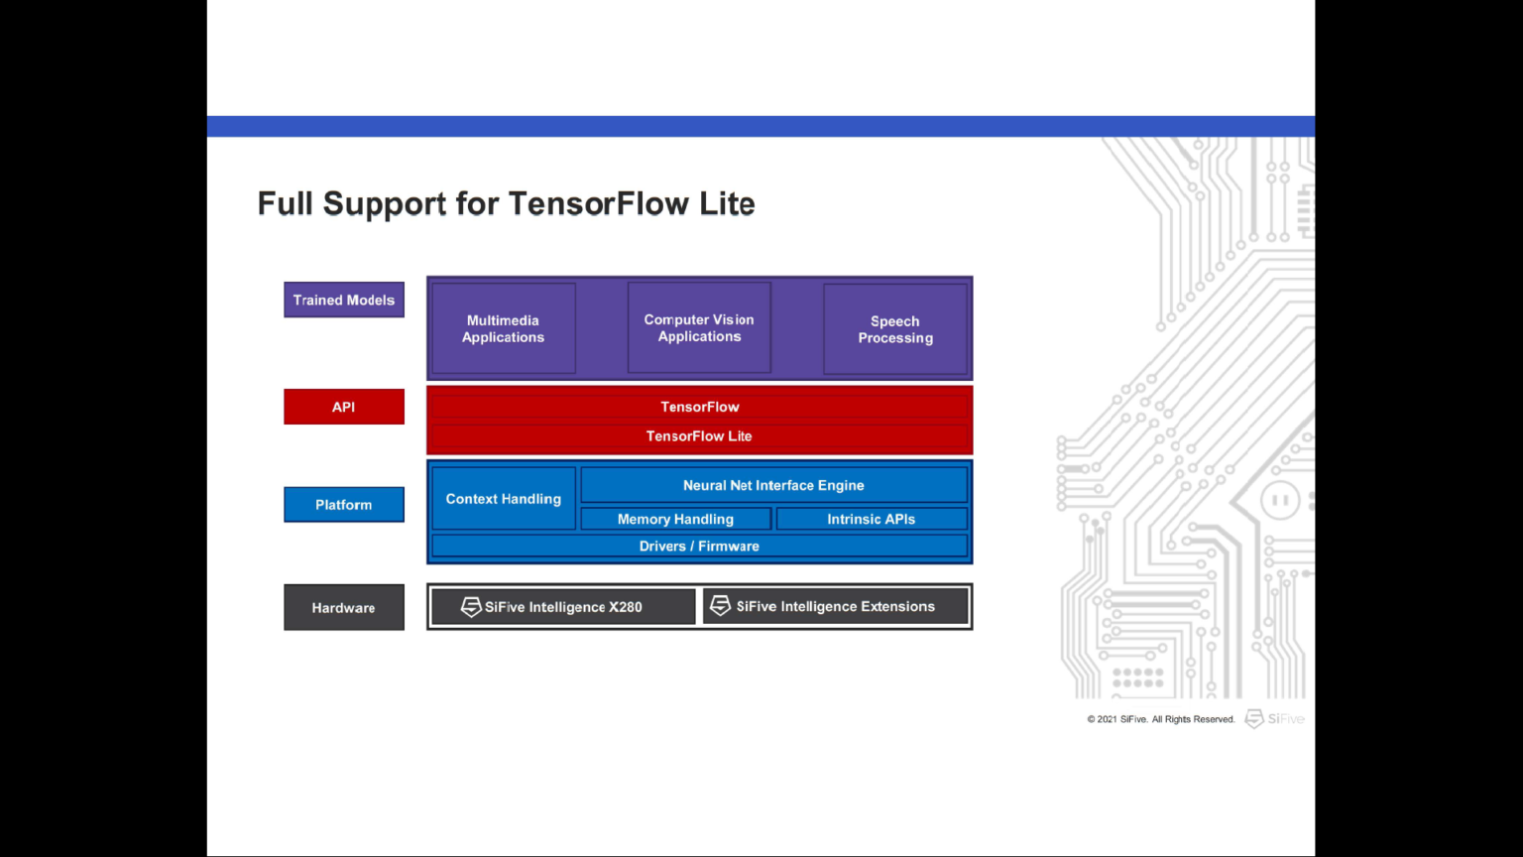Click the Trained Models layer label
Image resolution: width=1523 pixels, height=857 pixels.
pos(344,300)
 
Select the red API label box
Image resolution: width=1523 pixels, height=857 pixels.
pos(344,407)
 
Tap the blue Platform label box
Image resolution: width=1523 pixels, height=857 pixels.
pos(344,505)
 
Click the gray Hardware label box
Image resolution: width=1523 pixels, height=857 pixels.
pos(344,607)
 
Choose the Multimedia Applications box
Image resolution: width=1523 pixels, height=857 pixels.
pos(504,328)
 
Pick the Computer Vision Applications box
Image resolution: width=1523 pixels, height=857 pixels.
pos(699,328)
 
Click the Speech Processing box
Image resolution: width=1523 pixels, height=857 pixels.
pos(895,329)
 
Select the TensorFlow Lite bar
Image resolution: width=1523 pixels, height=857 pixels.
pos(699,436)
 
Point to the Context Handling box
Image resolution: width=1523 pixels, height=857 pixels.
pos(504,499)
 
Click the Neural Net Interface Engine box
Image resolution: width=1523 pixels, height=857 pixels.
pos(773,485)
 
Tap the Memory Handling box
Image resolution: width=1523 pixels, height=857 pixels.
pos(675,519)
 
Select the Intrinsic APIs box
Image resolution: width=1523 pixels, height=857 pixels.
pos(871,519)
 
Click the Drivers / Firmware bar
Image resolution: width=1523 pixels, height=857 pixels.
pos(699,547)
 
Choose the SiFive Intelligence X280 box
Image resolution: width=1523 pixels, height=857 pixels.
pos(563,607)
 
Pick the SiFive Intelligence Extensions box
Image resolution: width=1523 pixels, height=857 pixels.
pos(835,606)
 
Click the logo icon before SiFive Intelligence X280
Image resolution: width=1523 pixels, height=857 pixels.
pos(471,607)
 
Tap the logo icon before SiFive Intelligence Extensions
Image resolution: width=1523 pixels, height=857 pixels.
pos(721,605)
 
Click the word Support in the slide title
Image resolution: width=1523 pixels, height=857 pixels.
pos(385,204)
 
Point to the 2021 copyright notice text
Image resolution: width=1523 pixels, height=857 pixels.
pos(1160,719)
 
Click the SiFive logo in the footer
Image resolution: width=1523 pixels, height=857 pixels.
pos(1274,719)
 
